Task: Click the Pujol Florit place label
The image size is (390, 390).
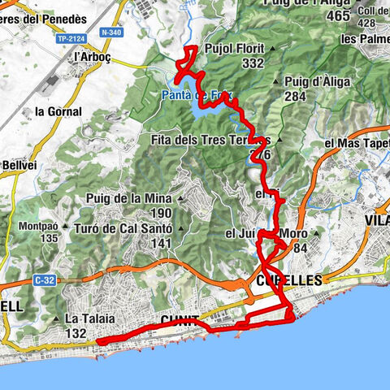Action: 236,48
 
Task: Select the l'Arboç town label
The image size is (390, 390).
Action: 91,58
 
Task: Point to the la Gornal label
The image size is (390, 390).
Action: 58,111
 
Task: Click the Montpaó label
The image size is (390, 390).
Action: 39,226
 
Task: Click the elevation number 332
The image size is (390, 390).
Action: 253,63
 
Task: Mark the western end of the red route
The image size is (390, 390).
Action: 99,342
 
